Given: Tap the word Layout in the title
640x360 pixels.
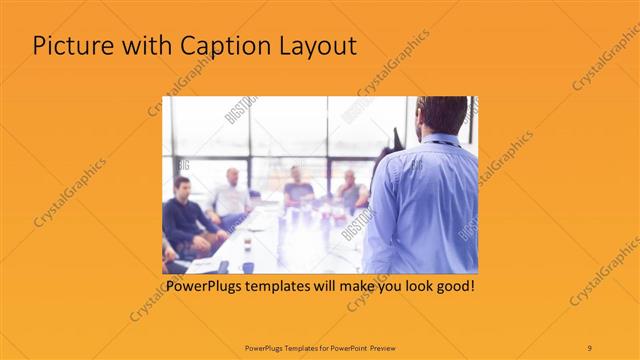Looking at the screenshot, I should point(316,46).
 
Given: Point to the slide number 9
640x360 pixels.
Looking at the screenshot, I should point(589,347).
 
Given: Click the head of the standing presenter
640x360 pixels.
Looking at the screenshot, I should point(440,113).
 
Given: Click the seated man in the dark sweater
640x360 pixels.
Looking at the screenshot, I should point(184,215).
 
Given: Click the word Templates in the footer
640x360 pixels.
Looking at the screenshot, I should point(286,347).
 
